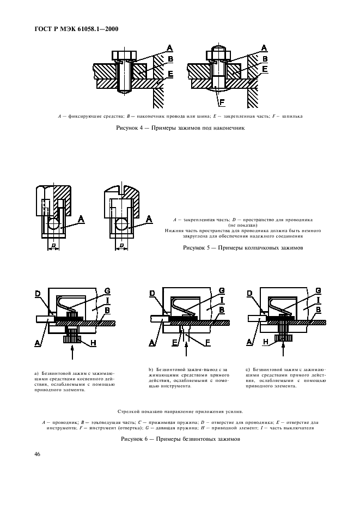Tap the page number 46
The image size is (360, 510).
pyautogui.click(x=38, y=454)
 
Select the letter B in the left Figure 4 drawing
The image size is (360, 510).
pyautogui.click(x=170, y=59)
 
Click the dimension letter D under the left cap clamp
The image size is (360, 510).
pyautogui.click(x=53, y=246)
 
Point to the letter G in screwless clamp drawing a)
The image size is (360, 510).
pyautogui.click(x=107, y=290)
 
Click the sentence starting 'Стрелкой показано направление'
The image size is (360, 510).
pyautogui.click(x=180, y=411)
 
